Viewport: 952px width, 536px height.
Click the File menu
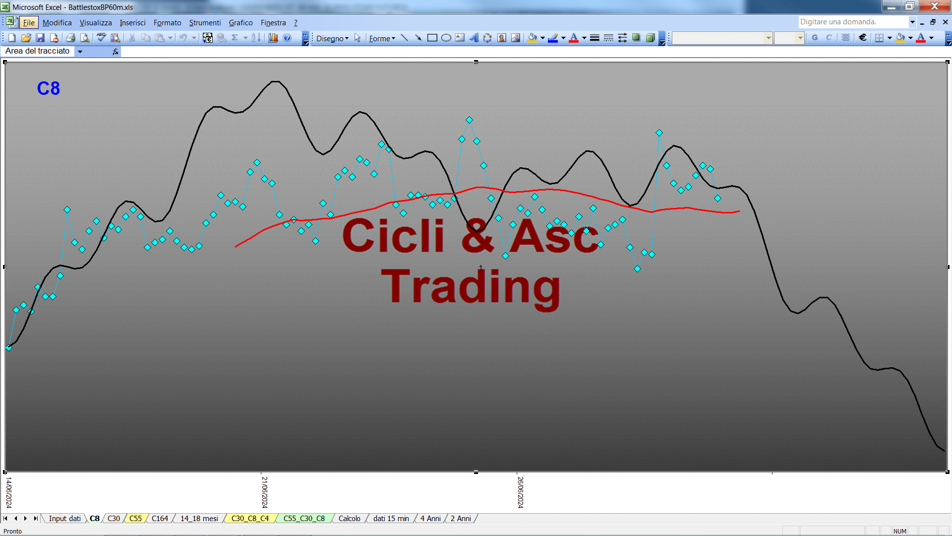29,23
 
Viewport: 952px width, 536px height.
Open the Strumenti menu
205,23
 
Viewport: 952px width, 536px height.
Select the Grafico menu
240,23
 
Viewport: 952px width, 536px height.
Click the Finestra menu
273,23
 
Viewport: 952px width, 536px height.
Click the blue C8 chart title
49,88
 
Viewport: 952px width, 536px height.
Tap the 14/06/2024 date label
9,492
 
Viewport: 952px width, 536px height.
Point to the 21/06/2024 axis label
265,492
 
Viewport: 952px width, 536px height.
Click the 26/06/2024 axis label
521,492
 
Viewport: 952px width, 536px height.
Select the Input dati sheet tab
64,519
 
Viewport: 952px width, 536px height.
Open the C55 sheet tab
135,519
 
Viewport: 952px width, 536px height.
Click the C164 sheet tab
160,519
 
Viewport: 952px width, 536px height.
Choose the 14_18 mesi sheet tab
199,519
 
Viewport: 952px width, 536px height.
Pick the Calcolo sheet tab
349,519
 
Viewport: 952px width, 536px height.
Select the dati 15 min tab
391,519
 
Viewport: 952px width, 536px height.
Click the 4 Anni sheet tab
430,519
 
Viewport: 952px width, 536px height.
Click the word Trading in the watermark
471,288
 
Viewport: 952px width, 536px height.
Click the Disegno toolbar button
332,38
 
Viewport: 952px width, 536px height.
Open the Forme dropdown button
382,38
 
